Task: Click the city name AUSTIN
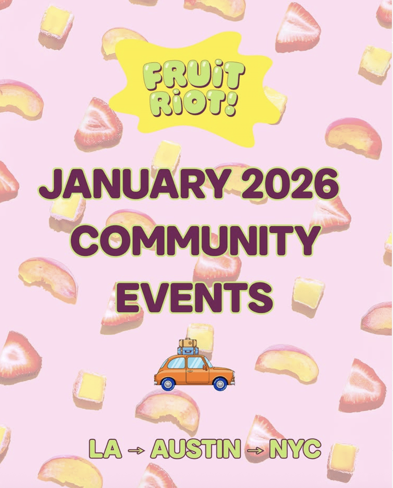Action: point(195,449)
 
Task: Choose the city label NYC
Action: point(295,449)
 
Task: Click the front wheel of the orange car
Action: point(220,384)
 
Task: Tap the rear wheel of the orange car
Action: point(168,384)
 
